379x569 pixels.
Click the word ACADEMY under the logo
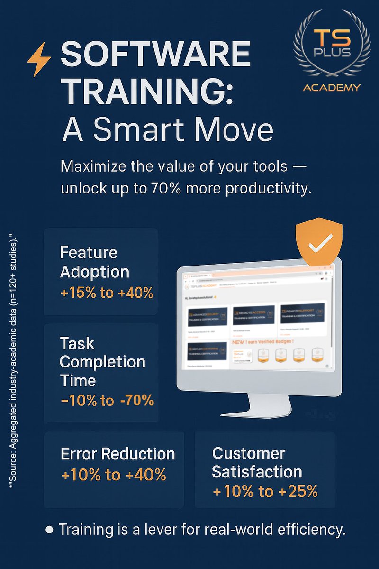pyautogui.click(x=331, y=87)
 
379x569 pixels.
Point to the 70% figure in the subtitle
pyautogui.click(x=163, y=188)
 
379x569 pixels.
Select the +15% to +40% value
pyautogui.click(x=107, y=293)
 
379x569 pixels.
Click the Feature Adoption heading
pyautogui.click(x=94, y=262)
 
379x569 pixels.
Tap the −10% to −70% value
pyautogui.click(x=108, y=401)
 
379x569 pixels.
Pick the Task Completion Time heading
pyautogui.click(x=102, y=362)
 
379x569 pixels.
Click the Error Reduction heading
pyautogui.click(x=118, y=454)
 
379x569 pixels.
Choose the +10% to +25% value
pyautogui.click(x=265, y=492)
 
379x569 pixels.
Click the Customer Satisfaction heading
pyautogui.click(x=256, y=462)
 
